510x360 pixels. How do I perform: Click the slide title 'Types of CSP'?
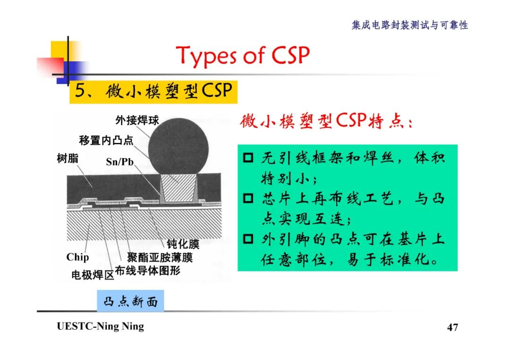pyautogui.click(x=243, y=56)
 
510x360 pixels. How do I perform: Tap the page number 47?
pyautogui.click(x=452, y=327)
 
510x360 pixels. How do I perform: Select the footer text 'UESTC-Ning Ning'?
pyautogui.click(x=100, y=327)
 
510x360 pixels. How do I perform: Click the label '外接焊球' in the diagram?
pyautogui.click(x=137, y=120)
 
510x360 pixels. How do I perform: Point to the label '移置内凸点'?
pyautogui.click(x=106, y=140)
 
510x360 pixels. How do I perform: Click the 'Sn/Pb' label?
pyautogui.click(x=119, y=162)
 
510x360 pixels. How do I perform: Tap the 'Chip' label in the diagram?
pyautogui.click(x=77, y=257)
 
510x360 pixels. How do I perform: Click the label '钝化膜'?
pyautogui.click(x=183, y=244)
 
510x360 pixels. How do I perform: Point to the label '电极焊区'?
pyautogui.click(x=93, y=275)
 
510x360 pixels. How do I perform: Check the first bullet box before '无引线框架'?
pyautogui.click(x=249, y=158)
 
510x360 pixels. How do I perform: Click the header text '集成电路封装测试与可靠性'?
pyautogui.click(x=409, y=25)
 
